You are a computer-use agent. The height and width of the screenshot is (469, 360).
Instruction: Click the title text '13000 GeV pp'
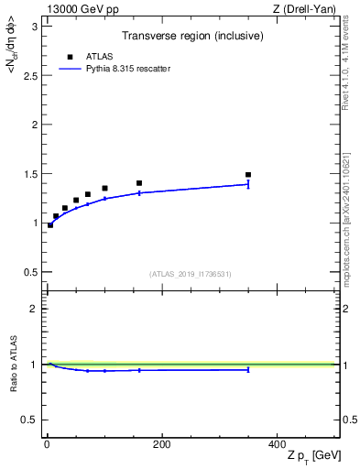77,8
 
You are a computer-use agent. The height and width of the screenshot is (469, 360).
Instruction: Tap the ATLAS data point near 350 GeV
248,174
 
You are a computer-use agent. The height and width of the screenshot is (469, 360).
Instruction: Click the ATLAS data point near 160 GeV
139,183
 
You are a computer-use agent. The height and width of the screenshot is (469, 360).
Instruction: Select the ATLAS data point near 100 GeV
104,188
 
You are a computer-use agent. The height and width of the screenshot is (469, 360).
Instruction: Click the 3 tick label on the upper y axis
34,26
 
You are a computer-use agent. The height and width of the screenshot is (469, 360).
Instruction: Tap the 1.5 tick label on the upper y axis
30,174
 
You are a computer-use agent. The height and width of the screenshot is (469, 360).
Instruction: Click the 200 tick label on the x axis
161,445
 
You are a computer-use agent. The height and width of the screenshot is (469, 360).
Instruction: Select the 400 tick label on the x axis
276,445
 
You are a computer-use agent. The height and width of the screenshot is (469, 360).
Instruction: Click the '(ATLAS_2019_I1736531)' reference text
191,274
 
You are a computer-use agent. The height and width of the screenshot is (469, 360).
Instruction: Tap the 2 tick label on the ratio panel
34,310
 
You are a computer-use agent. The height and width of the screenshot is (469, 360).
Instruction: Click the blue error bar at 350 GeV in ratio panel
248,370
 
